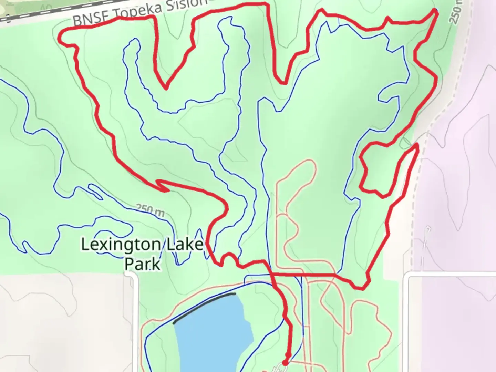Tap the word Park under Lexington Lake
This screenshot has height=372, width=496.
(x=142, y=265)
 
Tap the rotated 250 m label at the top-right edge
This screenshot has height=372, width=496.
(x=456, y=12)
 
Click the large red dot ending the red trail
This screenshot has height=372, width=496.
(x=285, y=362)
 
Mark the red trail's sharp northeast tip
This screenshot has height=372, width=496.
(x=436, y=11)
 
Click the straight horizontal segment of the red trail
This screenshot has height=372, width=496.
(x=303, y=275)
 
